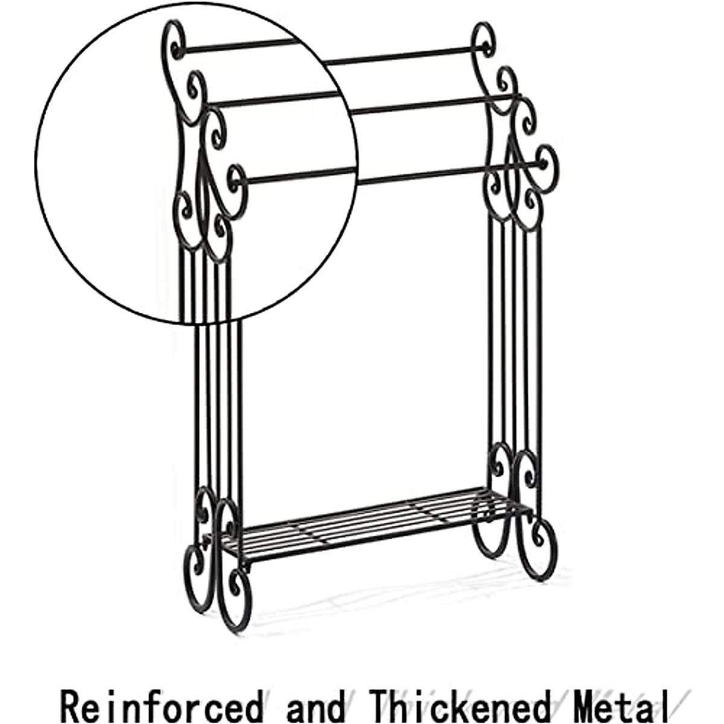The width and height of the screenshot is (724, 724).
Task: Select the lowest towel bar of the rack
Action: click(x=392, y=171)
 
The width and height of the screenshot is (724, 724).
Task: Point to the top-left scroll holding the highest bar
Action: click(x=175, y=42)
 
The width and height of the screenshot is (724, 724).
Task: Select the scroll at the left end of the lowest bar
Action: click(x=237, y=181)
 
